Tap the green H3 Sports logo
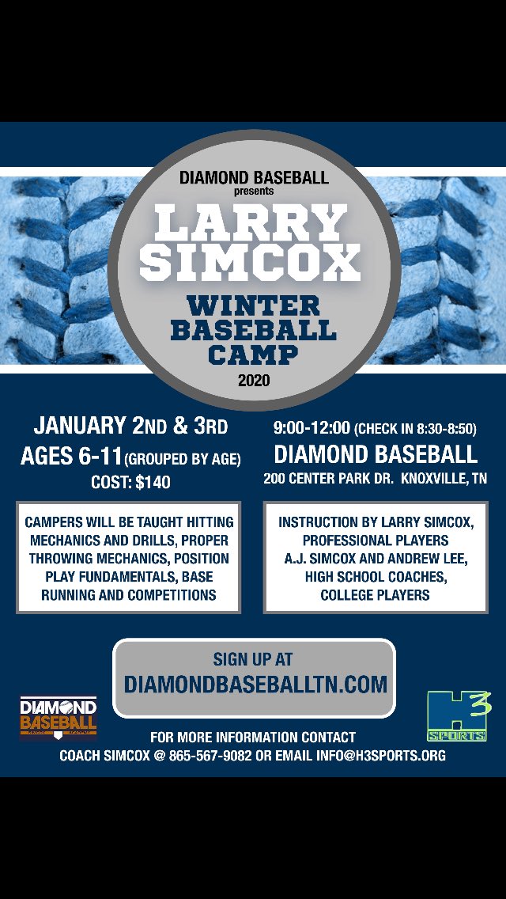457,716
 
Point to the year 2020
253,381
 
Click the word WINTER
253,305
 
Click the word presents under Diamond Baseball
253,191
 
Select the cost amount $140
152,482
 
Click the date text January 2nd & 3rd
130,427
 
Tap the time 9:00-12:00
311,428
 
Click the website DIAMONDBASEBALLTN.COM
255,684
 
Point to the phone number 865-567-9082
210,756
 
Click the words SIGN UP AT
254,659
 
